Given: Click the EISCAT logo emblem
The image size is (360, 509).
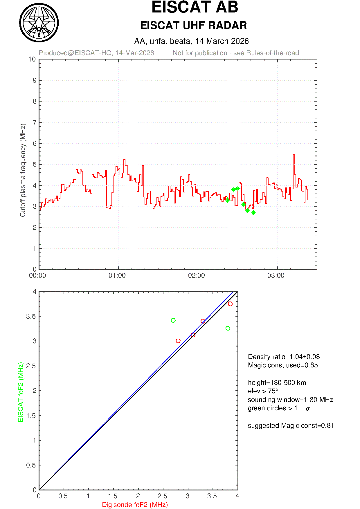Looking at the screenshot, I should coord(39,23).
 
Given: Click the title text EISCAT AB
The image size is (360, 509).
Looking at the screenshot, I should coord(195,7).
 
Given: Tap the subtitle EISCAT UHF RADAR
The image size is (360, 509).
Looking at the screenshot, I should coord(193,26).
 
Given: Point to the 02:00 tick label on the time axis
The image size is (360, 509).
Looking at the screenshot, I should coord(197,275).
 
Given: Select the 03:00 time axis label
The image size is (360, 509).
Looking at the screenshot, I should coord(276,275).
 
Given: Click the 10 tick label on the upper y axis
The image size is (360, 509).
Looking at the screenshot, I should coord(32,59).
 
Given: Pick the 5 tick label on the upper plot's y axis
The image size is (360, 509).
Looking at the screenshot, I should coord(35,165).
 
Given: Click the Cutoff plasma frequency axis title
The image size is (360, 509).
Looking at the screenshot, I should coord(23,170).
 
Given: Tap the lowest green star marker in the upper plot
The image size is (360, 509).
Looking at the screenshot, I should coord(253,213).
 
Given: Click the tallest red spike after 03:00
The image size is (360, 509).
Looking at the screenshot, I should coord(294,156).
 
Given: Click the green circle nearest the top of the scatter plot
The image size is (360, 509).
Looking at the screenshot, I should coord(173,320).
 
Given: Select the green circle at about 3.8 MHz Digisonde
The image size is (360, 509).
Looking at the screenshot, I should coord(228,328).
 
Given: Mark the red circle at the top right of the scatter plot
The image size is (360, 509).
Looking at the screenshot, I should coord(230,304).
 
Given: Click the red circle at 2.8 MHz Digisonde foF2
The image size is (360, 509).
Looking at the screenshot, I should coord(178,341).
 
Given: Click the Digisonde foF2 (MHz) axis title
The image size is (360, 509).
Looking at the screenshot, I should coord(135,505).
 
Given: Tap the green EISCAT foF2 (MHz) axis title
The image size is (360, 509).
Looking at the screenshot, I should coord(21,392).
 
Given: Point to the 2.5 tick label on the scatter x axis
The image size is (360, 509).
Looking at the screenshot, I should coord(163,496).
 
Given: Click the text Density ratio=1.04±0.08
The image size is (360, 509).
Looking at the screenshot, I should coord(284,357).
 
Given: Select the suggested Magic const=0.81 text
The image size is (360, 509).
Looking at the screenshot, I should coord(291,425).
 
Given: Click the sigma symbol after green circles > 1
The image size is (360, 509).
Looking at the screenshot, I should coord(308,409).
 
